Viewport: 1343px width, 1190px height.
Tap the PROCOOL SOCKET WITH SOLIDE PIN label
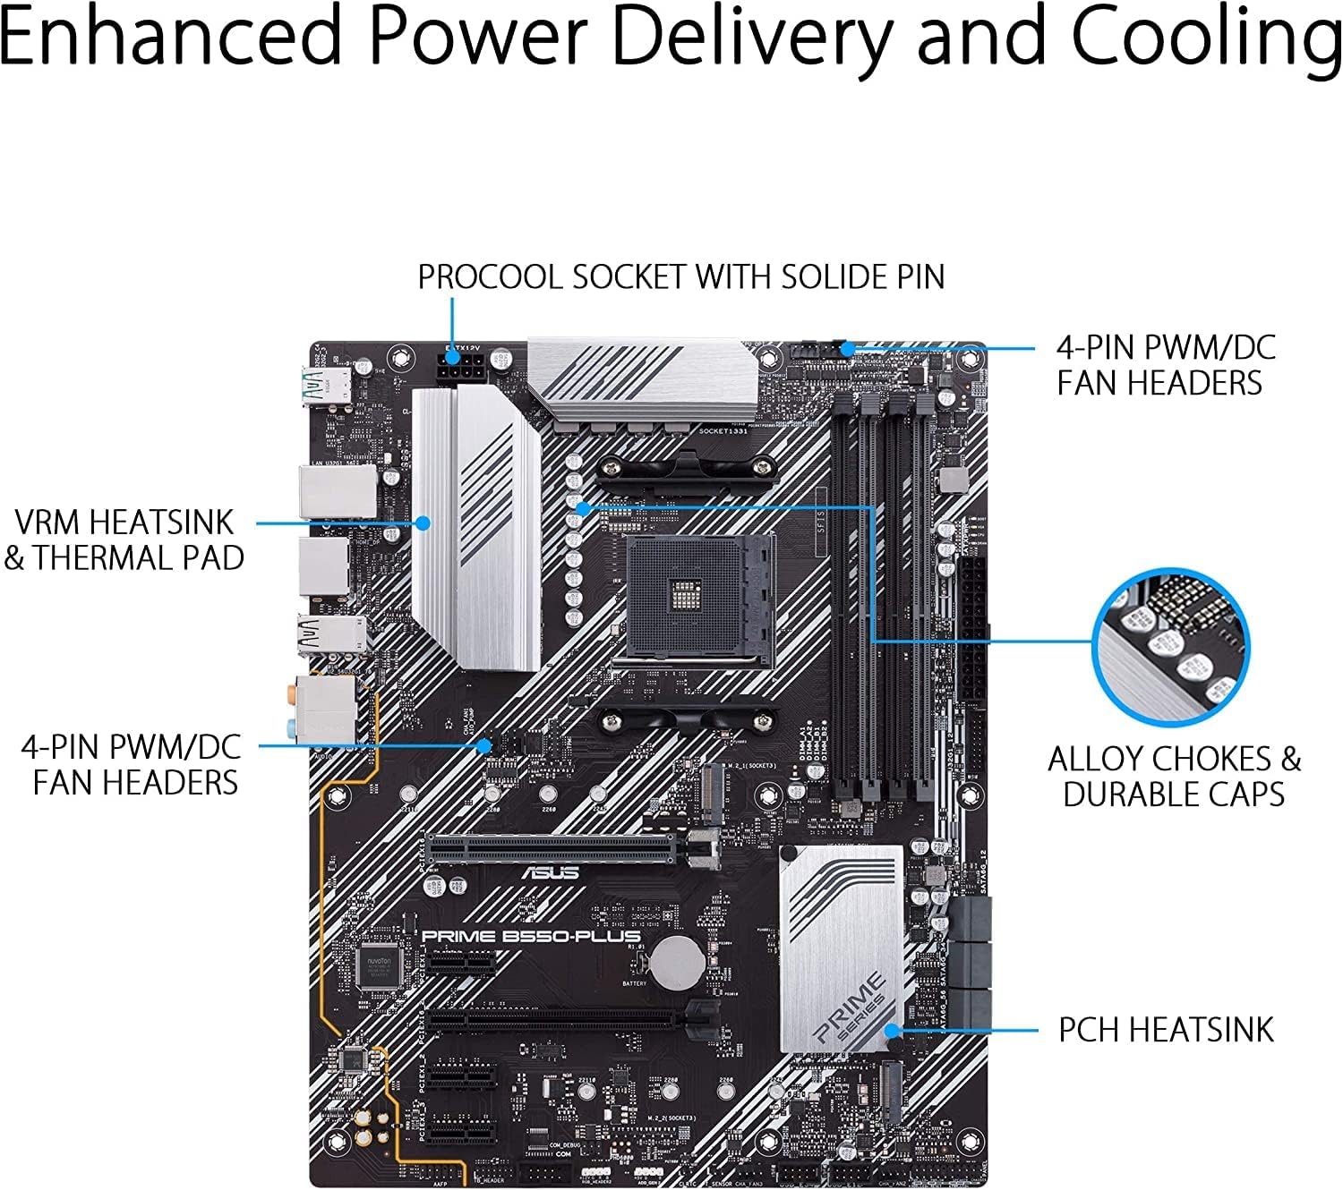tap(680, 276)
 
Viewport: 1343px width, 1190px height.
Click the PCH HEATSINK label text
tap(1165, 1030)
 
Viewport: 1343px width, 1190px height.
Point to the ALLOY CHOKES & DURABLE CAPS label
tap(1174, 776)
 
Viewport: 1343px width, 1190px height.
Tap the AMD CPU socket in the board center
tap(698, 599)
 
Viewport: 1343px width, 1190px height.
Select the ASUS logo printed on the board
tap(550, 872)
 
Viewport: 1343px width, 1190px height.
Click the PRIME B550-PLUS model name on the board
tap(530, 936)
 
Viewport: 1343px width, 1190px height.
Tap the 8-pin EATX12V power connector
tap(461, 366)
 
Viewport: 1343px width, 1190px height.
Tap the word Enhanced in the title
tap(170, 38)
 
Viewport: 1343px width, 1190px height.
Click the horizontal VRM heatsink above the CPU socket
tap(643, 380)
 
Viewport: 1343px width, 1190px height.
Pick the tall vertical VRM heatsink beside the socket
tap(476, 528)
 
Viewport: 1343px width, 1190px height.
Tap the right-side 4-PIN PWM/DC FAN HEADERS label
tap(1165, 365)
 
